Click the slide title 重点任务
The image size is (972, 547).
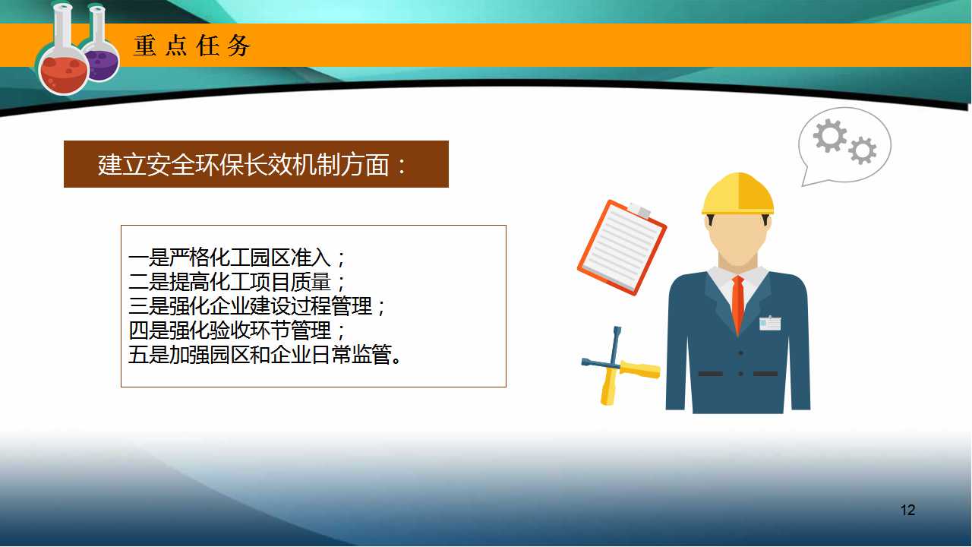[192, 46]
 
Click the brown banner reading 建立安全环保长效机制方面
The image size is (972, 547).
[256, 164]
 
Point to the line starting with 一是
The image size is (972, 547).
[236, 258]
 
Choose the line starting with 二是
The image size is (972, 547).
[236, 282]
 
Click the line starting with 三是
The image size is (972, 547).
[257, 306]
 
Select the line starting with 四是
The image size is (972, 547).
[236, 330]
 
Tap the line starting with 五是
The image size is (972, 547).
[265, 355]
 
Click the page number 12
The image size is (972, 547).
[907, 510]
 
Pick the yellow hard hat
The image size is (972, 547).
[737, 194]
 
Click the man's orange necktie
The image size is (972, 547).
[738, 304]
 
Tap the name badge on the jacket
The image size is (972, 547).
[770, 324]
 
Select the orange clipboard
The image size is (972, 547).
[621, 247]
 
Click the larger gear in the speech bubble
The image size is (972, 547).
[830, 136]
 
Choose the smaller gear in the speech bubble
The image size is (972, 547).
[862, 150]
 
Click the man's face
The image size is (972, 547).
[737, 239]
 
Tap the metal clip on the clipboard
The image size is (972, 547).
[639, 210]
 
